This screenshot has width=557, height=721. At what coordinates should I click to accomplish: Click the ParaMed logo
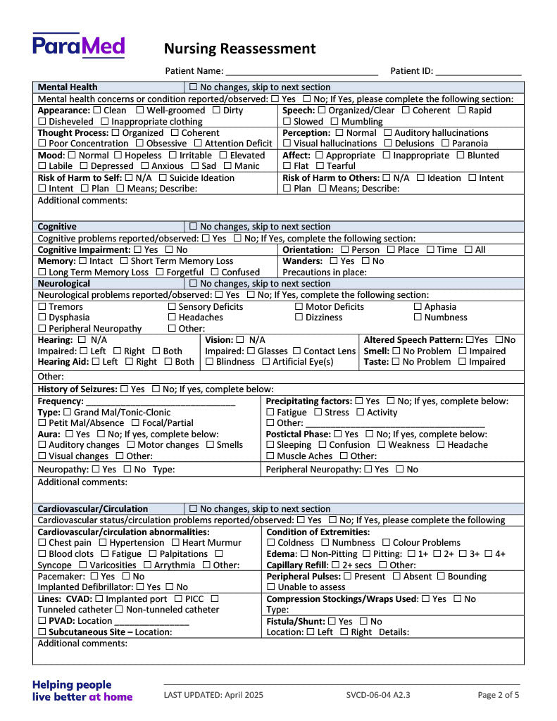click(78, 46)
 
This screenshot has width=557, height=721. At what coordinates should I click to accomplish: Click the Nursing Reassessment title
click(239, 49)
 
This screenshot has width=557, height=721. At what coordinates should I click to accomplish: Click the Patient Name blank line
click(302, 72)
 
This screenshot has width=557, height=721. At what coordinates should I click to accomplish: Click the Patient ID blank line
click(478, 72)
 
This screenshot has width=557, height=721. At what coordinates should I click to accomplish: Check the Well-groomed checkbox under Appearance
click(139, 111)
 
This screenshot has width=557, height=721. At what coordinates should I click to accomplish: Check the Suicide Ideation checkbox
click(163, 178)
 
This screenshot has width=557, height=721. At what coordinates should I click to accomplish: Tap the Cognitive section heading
click(57, 227)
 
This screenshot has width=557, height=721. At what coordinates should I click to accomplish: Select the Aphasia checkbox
click(418, 307)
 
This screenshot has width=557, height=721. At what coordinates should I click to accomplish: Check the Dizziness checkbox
click(299, 318)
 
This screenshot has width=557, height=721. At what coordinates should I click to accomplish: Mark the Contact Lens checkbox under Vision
click(297, 351)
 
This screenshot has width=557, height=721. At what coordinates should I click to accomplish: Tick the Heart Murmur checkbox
click(175, 543)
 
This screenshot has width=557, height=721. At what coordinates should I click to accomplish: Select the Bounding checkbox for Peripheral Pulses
click(441, 577)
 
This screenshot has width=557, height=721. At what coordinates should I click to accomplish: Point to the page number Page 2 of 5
click(499, 695)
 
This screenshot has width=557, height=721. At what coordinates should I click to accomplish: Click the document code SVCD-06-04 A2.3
click(378, 695)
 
